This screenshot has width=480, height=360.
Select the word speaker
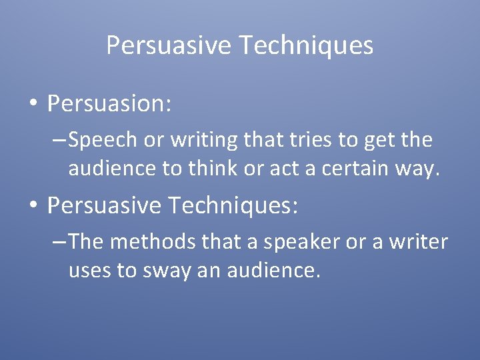[301, 242]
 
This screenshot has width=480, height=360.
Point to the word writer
[417, 241]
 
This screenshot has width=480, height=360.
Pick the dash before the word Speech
[59, 141]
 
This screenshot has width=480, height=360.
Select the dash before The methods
[59, 242]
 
